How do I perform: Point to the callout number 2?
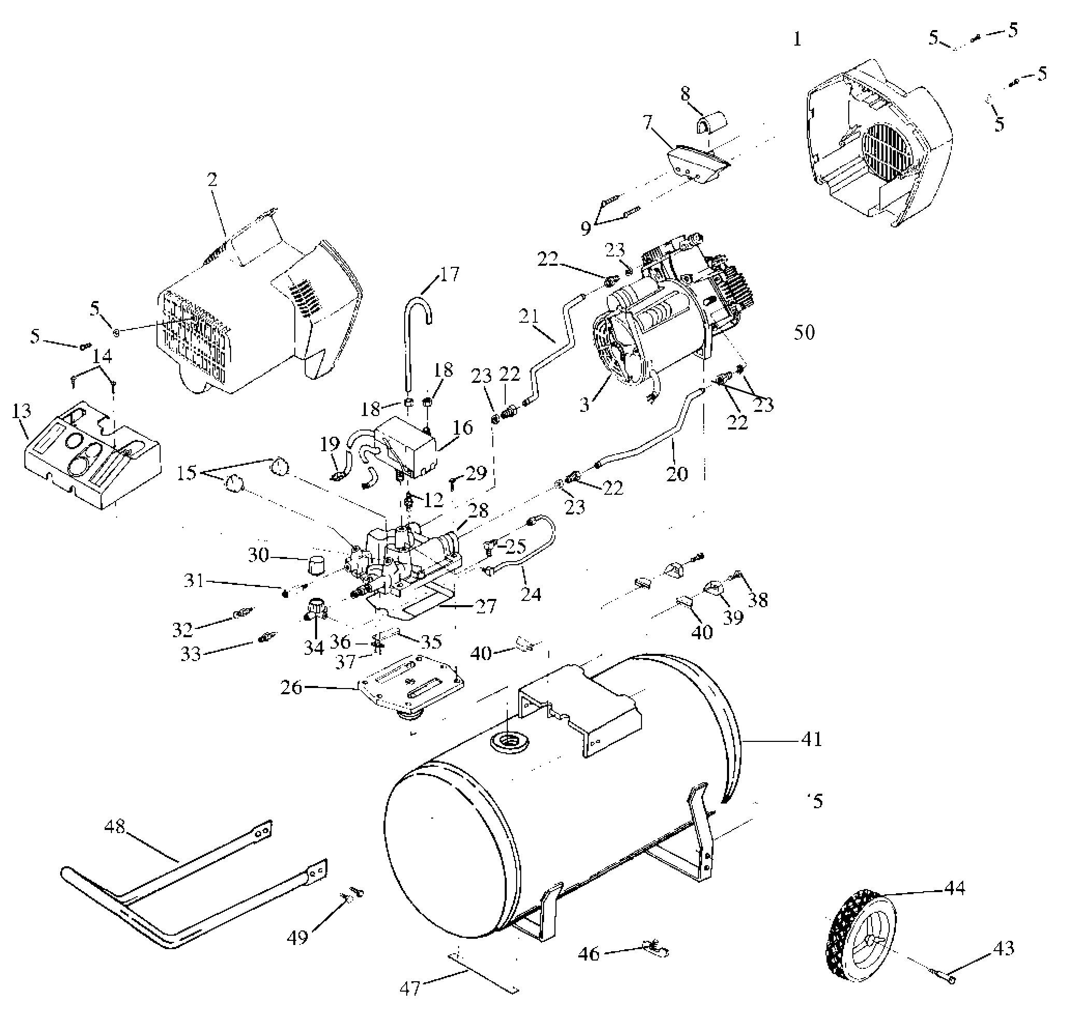(x=212, y=179)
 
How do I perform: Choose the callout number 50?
(x=804, y=332)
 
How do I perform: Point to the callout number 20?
(x=677, y=474)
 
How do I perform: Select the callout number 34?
(x=314, y=647)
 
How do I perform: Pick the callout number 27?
(x=486, y=606)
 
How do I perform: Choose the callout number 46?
(x=589, y=953)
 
